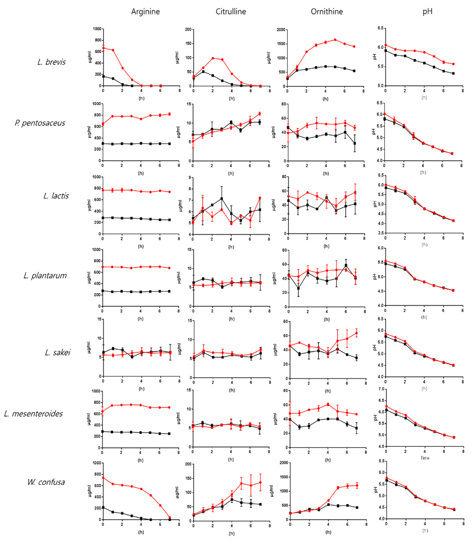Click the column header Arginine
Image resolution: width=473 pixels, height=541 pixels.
click(x=145, y=12)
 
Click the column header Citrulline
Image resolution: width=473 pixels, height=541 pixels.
click(x=231, y=12)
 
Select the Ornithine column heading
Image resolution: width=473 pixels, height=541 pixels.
click(x=327, y=12)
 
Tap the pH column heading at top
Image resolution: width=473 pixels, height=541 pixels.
click(x=427, y=12)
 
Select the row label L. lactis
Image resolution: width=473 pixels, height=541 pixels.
click(x=56, y=196)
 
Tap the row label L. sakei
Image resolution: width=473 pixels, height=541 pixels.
click(x=58, y=352)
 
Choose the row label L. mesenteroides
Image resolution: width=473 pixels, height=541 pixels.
click(x=33, y=414)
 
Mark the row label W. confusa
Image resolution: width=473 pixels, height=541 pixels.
click(x=46, y=482)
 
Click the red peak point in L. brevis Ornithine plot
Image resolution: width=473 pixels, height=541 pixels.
click(x=335, y=40)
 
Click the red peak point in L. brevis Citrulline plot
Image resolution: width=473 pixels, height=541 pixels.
click(x=213, y=58)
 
